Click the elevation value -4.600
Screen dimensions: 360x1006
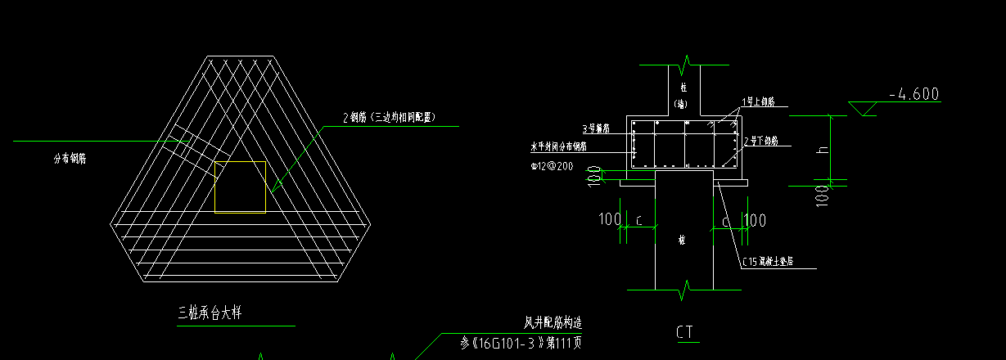914,94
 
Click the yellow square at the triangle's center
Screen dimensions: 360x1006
240,187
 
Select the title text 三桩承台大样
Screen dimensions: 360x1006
210,312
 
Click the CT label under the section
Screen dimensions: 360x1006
685,332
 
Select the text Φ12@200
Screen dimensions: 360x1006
553,166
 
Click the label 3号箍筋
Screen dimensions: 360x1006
597,128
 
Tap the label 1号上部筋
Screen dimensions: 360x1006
758,102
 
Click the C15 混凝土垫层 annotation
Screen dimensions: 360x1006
769,263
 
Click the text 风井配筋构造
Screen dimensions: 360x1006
553,323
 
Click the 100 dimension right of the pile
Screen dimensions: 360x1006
754,219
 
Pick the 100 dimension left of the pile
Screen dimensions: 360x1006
610,219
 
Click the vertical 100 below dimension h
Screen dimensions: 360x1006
821,196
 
